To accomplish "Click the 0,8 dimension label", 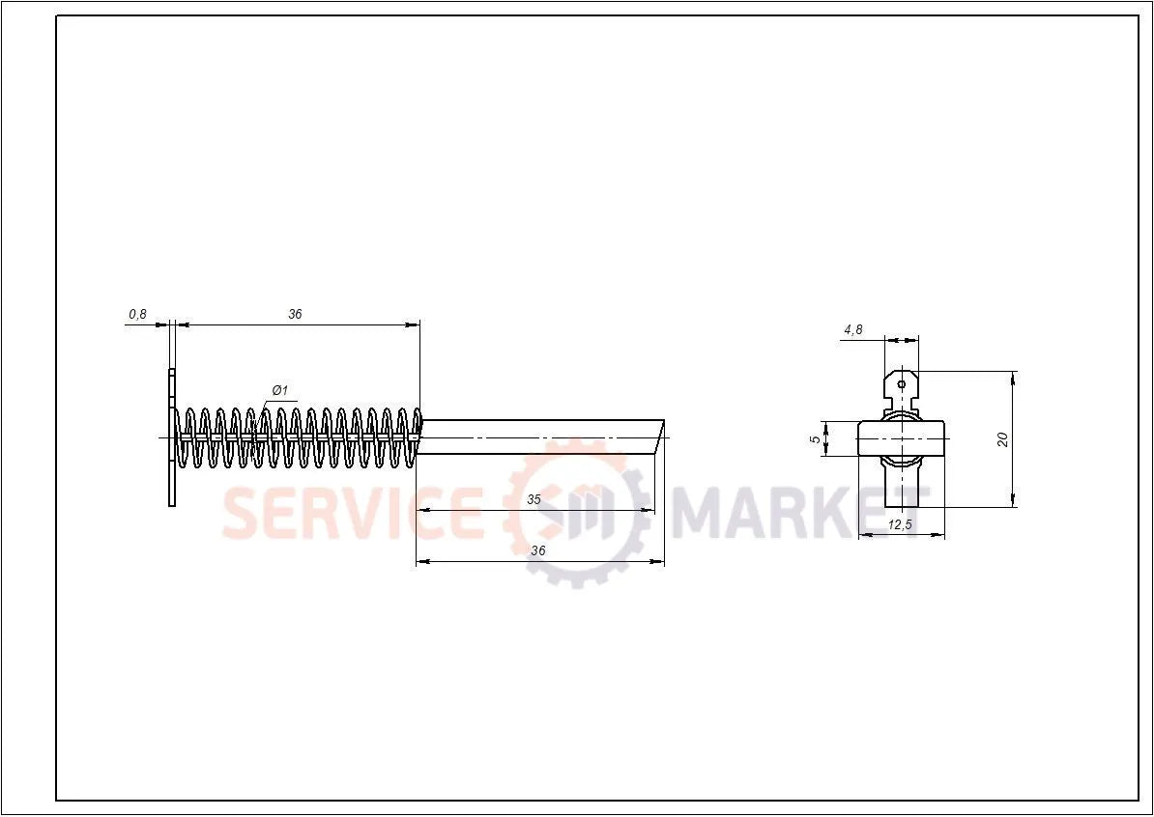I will point(137,314).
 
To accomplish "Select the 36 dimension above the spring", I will point(295,314).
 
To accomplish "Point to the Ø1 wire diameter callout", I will point(279,390).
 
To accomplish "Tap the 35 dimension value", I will point(534,499).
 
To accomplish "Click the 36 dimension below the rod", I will point(538,549).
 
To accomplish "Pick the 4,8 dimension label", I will point(852,329).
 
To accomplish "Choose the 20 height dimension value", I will point(1003,438).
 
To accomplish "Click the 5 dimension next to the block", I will point(815,438).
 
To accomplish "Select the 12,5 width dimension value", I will point(901,524).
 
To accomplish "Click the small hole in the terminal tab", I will point(902,384).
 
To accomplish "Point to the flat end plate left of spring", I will point(172,437).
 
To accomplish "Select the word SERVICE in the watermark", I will point(353,513).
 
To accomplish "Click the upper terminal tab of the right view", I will point(902,388).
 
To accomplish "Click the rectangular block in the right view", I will point(902,438).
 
